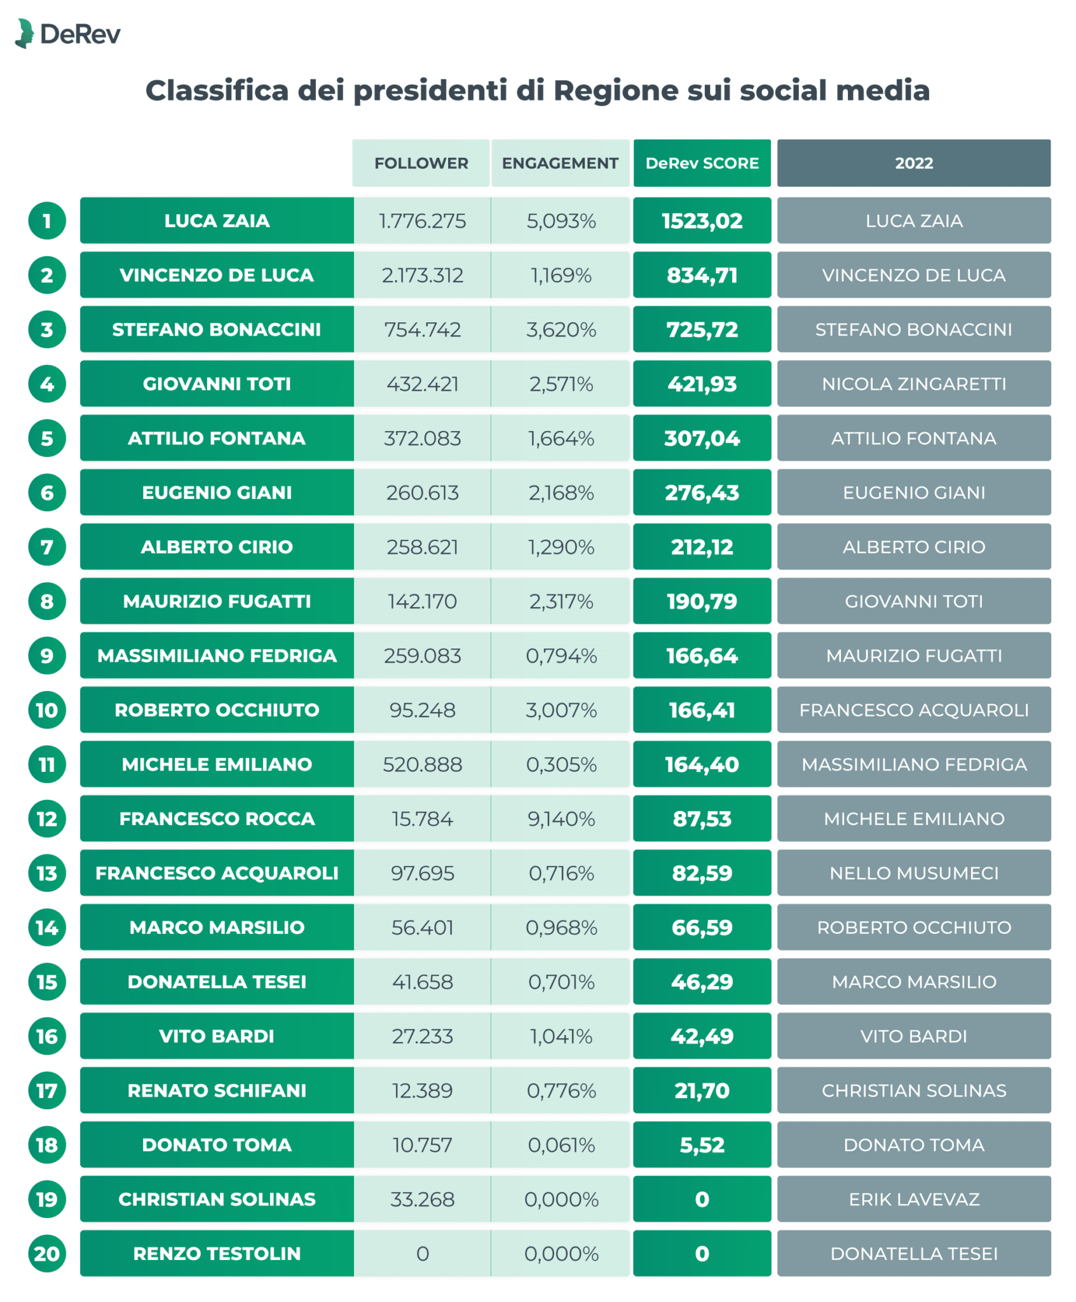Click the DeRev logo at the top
67,34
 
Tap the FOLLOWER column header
421,163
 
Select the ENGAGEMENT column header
560,163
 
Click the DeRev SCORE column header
702,163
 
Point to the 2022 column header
913,163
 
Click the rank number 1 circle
47,221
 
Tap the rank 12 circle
47,819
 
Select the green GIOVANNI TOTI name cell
217,383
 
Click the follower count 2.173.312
422,275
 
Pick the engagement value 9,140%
561,819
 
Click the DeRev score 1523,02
702,221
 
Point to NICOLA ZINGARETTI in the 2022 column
913,383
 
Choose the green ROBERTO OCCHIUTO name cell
217,709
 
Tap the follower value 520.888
422,764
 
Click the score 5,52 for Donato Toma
702,1145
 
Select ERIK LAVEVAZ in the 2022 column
913,1199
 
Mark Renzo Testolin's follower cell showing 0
422,1254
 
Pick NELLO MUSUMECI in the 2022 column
913,873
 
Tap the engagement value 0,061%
561,1145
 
